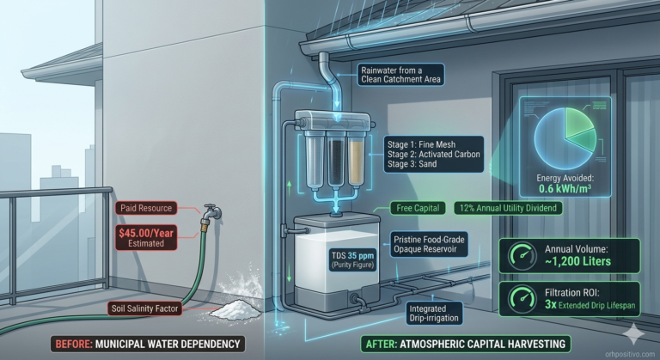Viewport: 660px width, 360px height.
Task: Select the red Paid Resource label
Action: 146,208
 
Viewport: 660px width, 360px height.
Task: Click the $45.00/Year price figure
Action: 146,233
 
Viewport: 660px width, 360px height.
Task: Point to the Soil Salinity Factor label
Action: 144,308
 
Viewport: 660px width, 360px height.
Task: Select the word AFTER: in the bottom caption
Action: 381,344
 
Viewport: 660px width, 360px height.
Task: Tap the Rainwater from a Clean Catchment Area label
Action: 400,75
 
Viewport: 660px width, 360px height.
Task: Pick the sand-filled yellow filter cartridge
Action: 356,161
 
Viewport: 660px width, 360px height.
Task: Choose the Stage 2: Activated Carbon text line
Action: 433,154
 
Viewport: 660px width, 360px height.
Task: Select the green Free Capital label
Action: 418,208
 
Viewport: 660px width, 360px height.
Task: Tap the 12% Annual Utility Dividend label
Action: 508,208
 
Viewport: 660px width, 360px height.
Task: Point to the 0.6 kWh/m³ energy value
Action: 565,189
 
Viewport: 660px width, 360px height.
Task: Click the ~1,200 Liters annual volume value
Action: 577,261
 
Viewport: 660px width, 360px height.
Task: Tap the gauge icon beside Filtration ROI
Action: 522,298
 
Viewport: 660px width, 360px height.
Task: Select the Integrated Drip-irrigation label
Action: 434,314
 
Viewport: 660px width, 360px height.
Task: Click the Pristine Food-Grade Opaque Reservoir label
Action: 429,245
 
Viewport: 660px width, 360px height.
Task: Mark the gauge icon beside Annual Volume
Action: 522,255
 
